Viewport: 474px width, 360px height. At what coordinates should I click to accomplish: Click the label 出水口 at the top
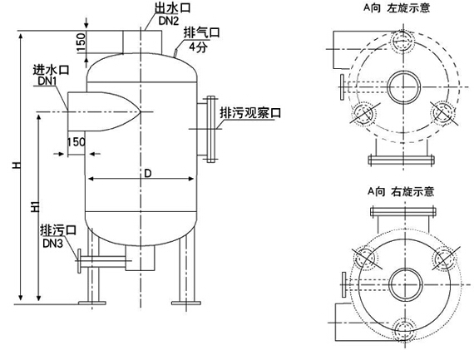click(x=173, y=7)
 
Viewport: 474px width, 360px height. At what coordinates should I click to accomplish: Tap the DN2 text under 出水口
click(x=169, y=20)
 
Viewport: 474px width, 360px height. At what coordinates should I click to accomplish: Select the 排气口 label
click(x=201, y=32)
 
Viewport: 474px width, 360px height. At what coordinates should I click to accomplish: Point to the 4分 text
click(x=198, y=47)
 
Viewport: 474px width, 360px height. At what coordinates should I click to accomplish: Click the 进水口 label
click(x=51, y=70)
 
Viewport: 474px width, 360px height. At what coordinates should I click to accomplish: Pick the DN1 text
click(x=47, y=81)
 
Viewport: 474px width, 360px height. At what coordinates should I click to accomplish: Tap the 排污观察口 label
click(x=250, y=113)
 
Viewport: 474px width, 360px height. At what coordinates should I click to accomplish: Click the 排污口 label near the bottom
click(x=58, y=230)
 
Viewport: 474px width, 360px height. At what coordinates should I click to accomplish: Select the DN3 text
click(x=53, y=243)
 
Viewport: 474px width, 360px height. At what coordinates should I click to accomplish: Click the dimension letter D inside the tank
click(x=147, y=174)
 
